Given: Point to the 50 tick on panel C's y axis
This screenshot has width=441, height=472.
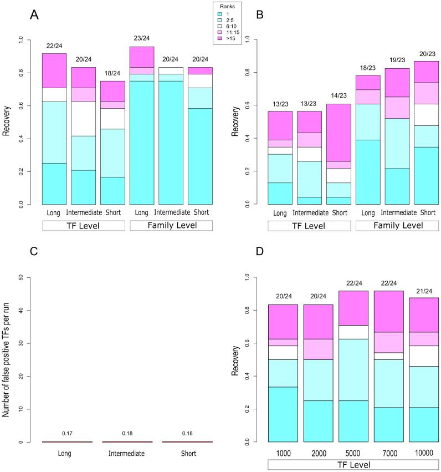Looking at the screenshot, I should coord(20,277).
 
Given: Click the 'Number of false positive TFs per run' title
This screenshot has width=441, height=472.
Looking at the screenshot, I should coord(6,359).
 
